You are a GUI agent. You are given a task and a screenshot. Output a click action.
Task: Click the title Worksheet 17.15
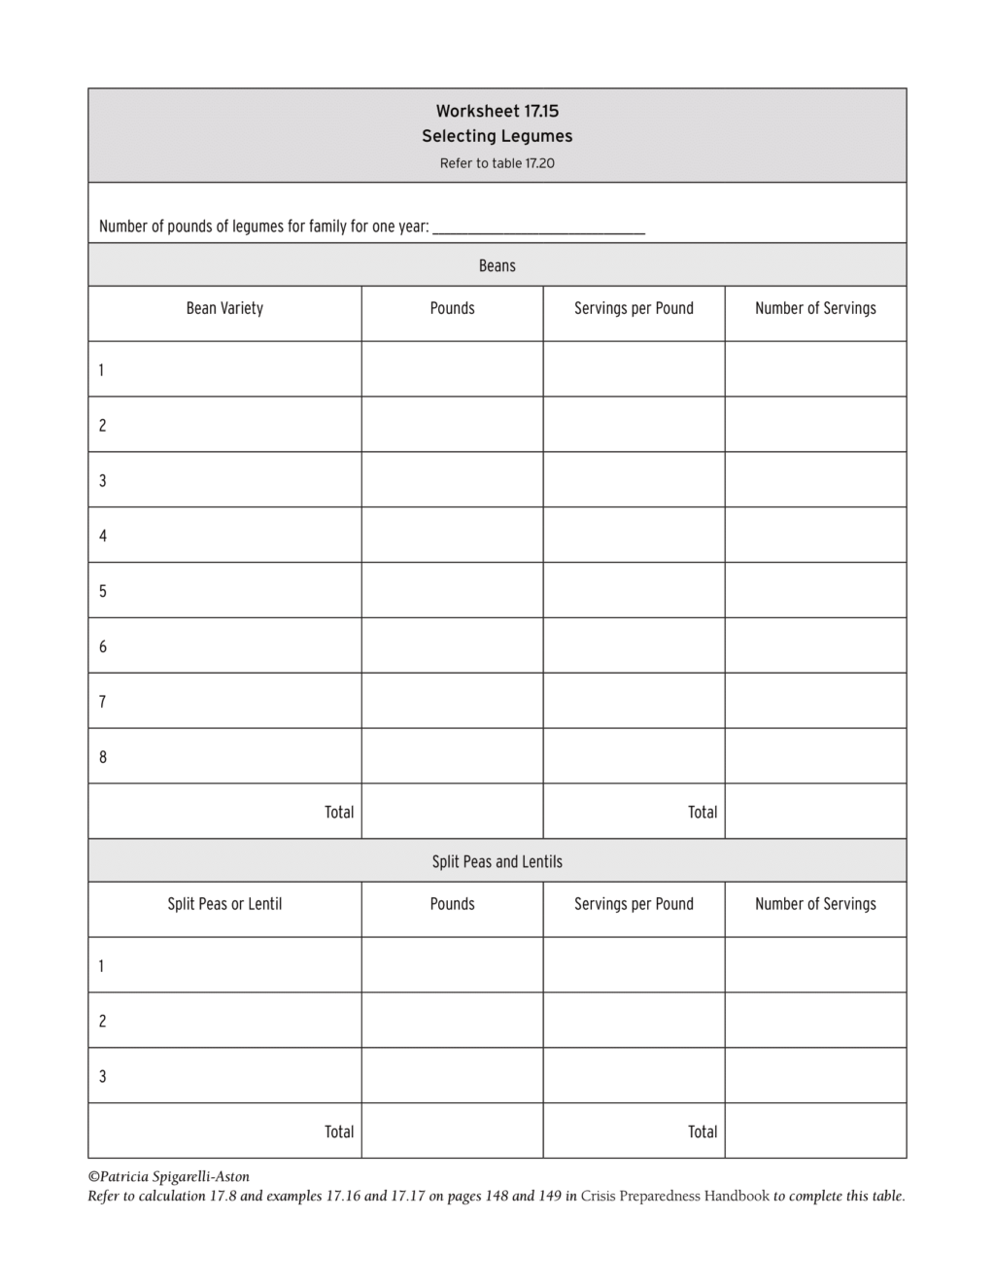tap(497, 111)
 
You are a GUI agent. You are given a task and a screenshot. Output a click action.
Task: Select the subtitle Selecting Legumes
tap(497, 136)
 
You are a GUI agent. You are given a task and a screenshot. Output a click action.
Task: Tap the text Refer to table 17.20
tap(497, 163)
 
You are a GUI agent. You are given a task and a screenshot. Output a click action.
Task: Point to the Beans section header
tap(497, 265)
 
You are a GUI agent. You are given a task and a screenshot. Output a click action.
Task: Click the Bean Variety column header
tap(224, 308)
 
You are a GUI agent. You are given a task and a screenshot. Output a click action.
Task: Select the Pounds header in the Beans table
tap(452, 308)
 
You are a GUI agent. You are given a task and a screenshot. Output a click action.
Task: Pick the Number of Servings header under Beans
tap(815, 308)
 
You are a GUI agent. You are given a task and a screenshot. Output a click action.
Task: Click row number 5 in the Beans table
tap(103, 591)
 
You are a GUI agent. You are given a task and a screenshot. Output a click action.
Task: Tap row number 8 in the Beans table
tap(103, 757)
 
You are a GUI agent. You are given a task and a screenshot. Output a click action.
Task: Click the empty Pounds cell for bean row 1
tap(452, 369)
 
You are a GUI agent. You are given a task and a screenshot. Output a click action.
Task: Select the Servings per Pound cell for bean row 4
tap(634, 536)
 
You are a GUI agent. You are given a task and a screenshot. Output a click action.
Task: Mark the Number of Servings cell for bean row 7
tap(815, 701)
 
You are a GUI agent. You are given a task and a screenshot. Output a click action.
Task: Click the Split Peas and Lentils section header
tap(497, 861)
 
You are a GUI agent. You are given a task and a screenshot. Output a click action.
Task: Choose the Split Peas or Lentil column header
tap(224, 904)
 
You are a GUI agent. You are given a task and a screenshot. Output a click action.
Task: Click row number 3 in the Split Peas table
tap(103, 1076)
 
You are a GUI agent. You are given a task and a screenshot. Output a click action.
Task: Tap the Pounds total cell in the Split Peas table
tap(452, 1131)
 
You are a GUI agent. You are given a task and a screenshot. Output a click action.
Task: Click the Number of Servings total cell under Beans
tap(815, 812)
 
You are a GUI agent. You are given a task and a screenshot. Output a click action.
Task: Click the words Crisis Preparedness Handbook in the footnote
tap(674, 1197)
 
